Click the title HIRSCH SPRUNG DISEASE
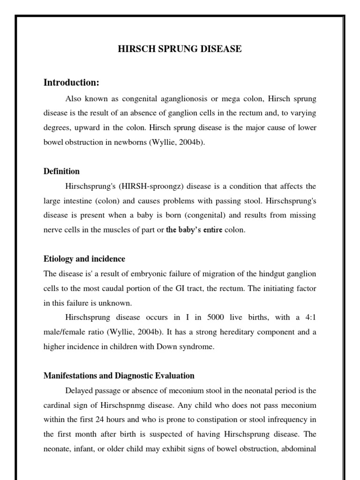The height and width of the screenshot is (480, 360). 180,49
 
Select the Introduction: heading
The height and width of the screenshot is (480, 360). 71,82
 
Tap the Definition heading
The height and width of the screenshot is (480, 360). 61,171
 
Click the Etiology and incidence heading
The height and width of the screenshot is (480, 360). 84,259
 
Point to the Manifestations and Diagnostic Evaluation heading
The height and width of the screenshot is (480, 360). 119,375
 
